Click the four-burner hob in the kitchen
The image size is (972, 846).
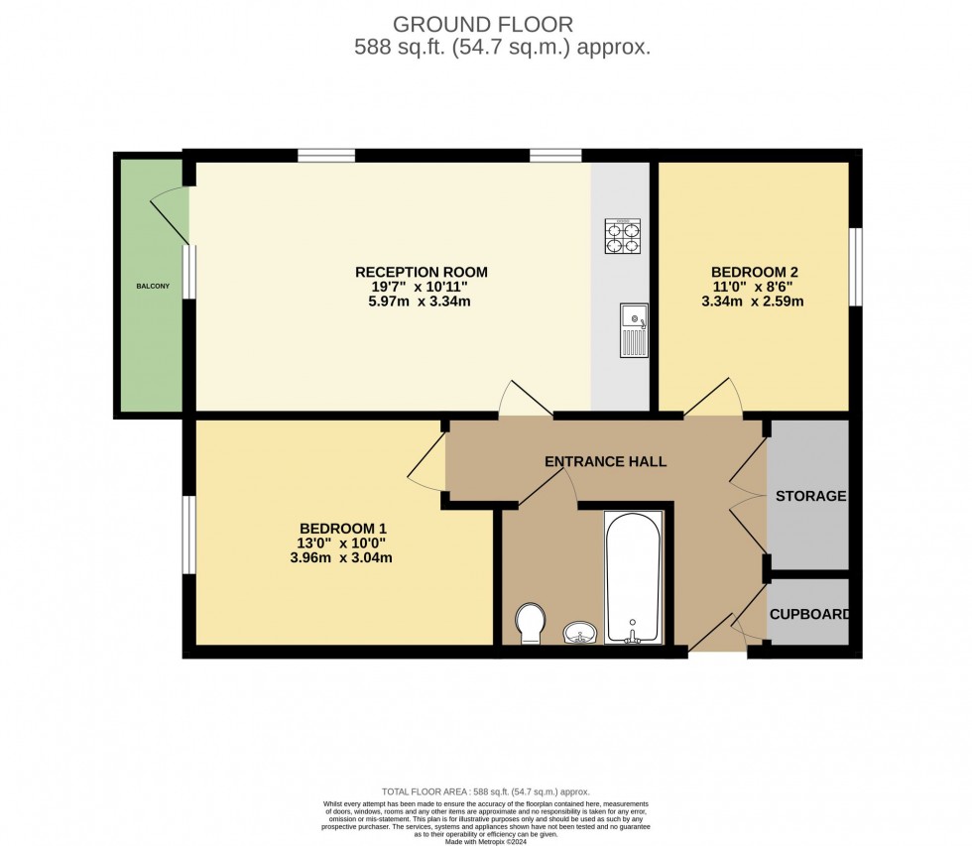pos(623,237)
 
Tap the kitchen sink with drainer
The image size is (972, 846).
pos(633,330)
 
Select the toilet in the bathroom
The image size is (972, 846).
pos(532,623)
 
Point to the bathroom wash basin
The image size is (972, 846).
pos(580,632)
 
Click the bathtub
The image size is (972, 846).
pos(633,577)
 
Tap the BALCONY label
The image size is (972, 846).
pos(153,287)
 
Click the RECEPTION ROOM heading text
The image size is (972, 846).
pos(422,272)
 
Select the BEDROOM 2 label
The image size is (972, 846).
pos(755,272)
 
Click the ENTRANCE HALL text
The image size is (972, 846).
pos(605,461)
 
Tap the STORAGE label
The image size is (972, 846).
pos(810,496)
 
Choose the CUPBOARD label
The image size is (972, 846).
pos(809,614)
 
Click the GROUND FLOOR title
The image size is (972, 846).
pos(483,23)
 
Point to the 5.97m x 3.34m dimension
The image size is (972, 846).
pos(422,302)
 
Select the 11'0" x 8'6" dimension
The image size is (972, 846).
pos(755,287)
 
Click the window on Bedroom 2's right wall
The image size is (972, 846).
pos(855,266)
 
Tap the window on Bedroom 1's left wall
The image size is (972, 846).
pos(186,534)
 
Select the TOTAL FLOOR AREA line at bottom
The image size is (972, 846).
pos(486,791)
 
